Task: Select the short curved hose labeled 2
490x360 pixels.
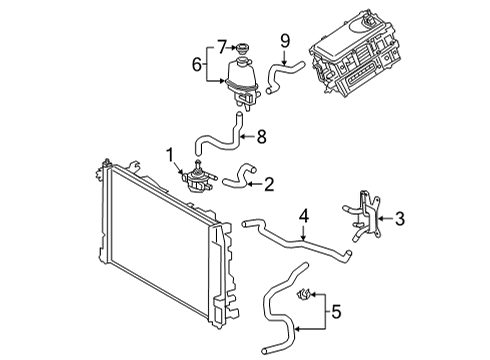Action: pos(235,183)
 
